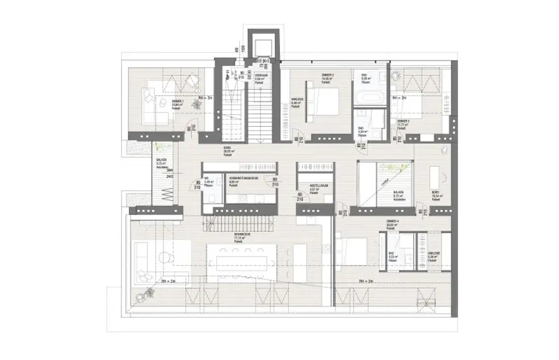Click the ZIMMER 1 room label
point(176,102)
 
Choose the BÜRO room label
point(436,193)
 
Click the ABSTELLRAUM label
point(318,185)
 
